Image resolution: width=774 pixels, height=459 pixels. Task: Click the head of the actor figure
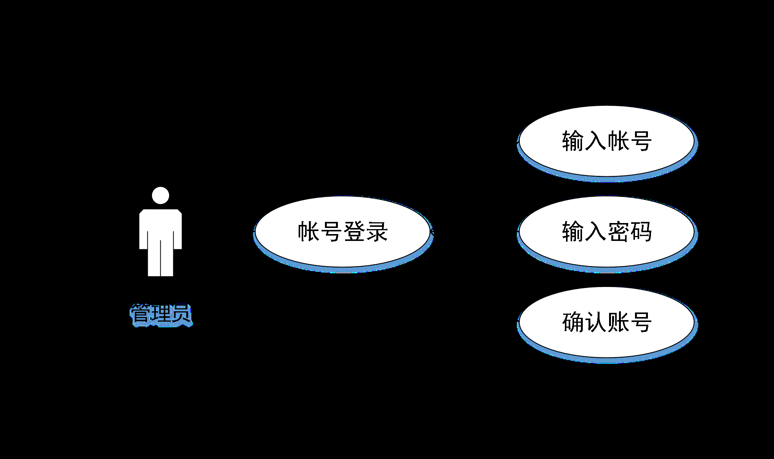(160, 195)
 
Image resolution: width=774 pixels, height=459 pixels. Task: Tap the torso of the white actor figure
(160, 225)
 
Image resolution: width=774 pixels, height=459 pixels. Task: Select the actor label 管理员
(161, 314)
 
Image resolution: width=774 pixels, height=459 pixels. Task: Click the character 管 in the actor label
(141, 314)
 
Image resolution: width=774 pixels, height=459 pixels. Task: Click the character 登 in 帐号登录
(354, 231)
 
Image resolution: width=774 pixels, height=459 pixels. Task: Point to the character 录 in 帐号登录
(377, 231)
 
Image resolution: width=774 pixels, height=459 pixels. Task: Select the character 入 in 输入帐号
(595, 141)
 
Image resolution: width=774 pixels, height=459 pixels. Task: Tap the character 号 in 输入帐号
(641, 141)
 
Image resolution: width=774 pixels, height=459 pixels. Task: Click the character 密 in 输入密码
(618, 231)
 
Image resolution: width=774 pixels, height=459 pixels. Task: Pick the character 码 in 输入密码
(641, 231)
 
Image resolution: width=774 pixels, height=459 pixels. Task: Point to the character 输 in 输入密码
(573, 231)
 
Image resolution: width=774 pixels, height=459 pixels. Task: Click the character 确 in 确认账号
(573, 322)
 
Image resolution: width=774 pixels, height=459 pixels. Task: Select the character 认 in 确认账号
(595, 322)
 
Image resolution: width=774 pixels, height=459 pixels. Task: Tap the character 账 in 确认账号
(618, 322)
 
